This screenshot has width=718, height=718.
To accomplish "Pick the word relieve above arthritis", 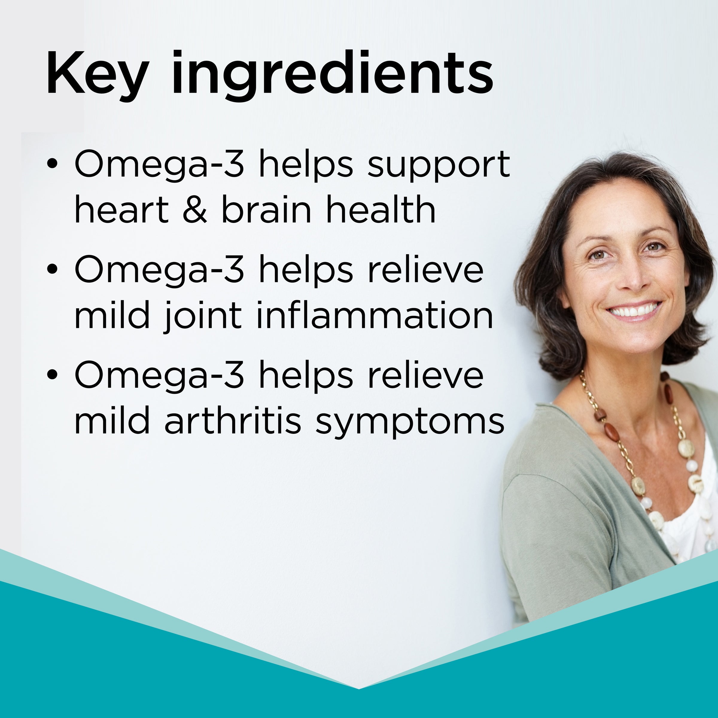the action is pos(425,375).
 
